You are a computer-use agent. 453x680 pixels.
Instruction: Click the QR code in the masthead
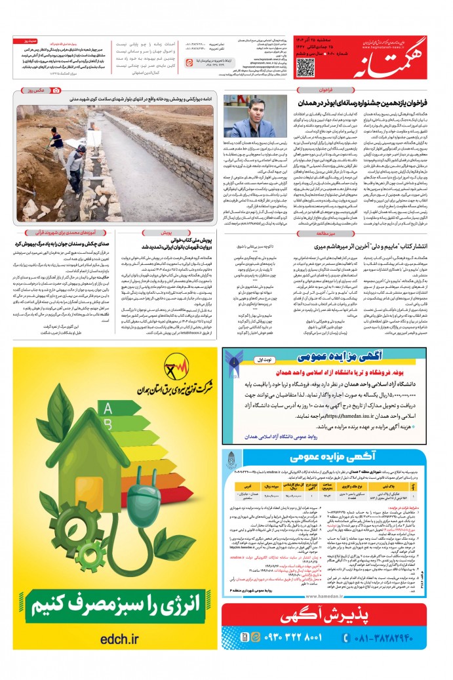305,68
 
